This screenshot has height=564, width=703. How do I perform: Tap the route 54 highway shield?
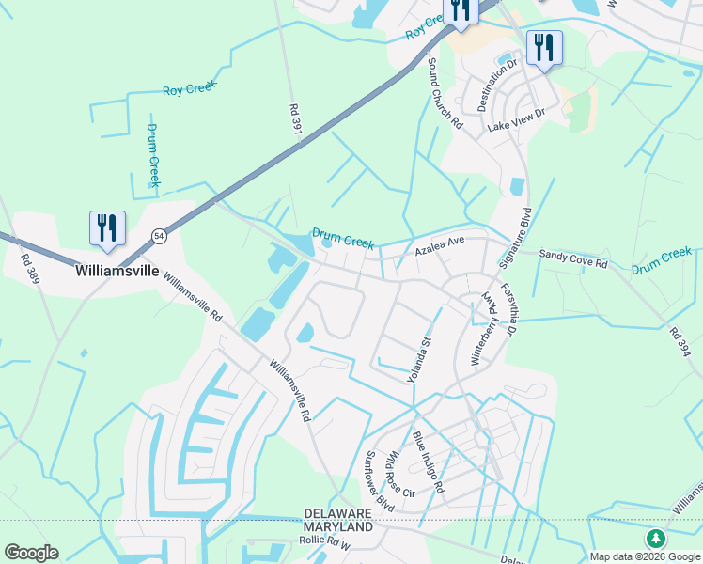160,236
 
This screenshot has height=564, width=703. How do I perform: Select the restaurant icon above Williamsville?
107,228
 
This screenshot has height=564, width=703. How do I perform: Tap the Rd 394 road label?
680,342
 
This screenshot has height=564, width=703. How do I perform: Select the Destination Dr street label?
498,86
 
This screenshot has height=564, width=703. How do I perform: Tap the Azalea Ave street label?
441,247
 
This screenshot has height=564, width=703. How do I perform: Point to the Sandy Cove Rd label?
572,259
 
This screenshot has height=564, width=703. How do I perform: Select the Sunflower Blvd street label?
379,481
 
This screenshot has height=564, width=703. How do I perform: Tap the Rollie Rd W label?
324,544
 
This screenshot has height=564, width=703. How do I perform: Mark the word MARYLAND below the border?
338,528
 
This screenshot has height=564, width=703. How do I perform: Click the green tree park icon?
655,539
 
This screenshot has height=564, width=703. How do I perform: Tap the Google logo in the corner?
31,553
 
